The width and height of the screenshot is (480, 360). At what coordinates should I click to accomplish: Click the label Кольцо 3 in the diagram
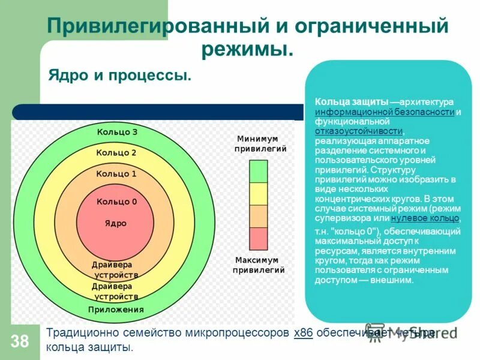[x=117, y=132]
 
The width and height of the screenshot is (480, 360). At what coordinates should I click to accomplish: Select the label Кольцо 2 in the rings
[x=116, y=152]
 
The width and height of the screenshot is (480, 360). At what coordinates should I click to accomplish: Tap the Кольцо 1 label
[x=116, y=173]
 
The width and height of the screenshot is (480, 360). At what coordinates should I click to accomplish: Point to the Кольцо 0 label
[x=116, y=202]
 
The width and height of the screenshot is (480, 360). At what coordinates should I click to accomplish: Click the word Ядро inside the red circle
[x=116, y=223]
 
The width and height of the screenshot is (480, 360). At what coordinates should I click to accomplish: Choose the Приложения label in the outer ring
[x=116, y=310]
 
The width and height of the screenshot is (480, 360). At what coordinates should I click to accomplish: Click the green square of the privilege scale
[x=259, y=171]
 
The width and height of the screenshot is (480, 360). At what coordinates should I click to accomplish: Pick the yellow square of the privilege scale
[x=259, y=194]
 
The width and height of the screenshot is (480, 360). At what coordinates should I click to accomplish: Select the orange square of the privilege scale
[x=259, y=216]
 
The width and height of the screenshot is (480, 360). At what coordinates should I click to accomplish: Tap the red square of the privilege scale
[x=259, y=239]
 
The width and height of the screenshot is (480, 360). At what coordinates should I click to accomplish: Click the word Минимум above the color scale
[x=257, y=138]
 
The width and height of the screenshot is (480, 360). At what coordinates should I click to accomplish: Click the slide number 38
[x=19, y=342]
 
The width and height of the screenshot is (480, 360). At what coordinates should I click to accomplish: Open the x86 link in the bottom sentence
[x=304, y=334]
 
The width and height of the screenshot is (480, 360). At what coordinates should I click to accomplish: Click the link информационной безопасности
[x=385, y=112]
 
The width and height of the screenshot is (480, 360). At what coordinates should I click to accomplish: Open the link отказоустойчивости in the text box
[x=359, y=131]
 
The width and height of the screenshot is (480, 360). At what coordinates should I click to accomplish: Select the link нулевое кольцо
[x=425, y=218]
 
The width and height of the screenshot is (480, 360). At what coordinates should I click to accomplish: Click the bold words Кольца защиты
[x=352, y=103]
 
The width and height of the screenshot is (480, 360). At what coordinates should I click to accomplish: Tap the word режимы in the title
[x=247, y=49]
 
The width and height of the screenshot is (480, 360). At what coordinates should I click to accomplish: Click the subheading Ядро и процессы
[x=120, y=76]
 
